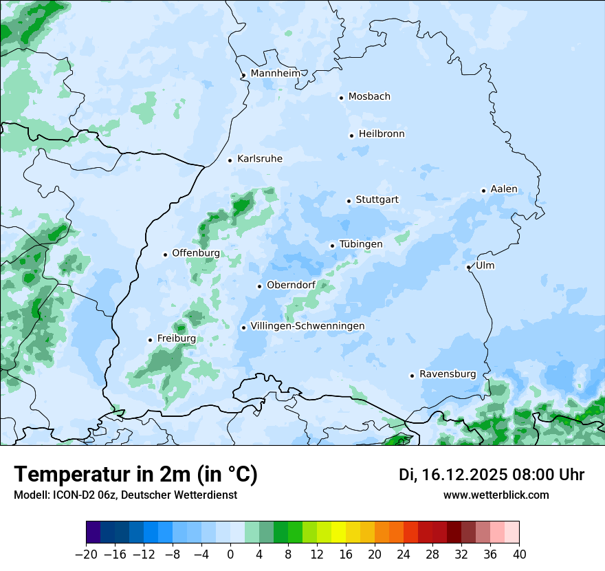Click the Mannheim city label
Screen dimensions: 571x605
276,73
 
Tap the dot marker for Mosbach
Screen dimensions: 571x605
341,98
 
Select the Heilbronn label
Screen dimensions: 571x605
382,133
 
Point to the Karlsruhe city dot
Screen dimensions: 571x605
230,160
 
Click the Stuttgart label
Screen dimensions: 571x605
377,200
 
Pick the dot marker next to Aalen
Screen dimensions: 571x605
483,191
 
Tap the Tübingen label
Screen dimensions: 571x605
361,244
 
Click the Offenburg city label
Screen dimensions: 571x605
196,252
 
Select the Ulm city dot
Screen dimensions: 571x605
468,267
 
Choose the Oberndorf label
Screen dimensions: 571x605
291,285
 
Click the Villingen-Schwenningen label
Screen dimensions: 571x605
307,325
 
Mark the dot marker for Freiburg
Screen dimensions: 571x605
150,340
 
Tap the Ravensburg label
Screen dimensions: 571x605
448,374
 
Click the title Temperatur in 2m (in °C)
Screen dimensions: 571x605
135,475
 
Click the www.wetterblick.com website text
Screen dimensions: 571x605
496,495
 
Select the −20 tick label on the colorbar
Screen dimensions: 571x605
86,554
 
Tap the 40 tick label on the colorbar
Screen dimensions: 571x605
519,554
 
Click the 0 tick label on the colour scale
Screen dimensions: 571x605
230,554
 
